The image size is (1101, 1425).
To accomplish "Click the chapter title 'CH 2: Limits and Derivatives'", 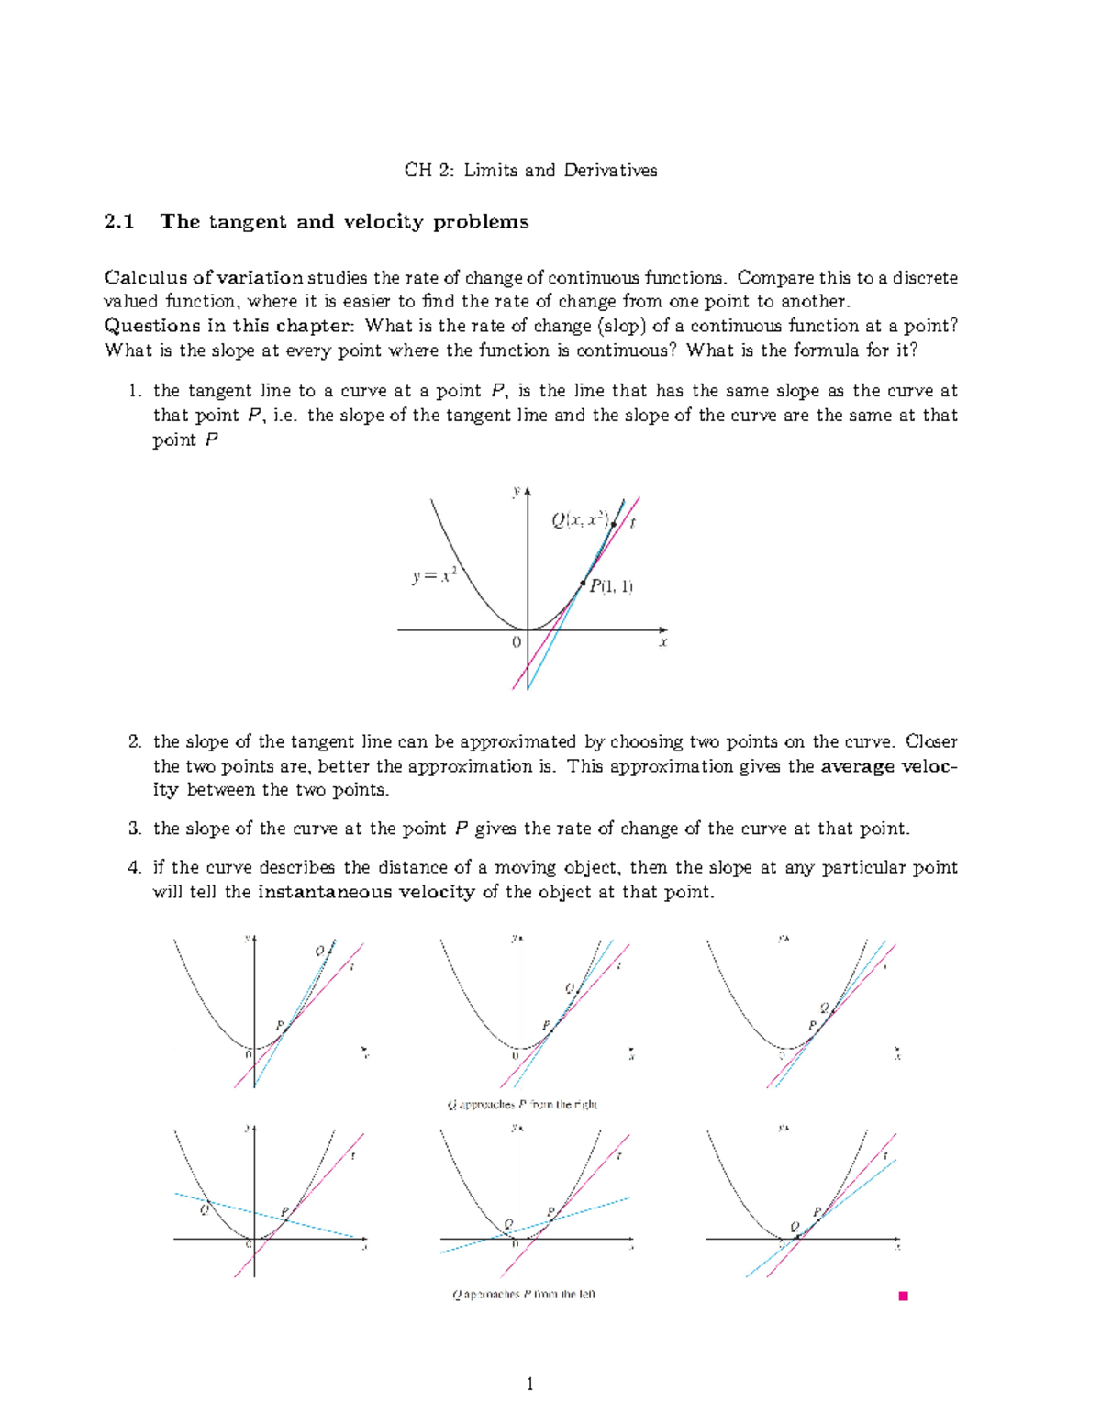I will point(530,170).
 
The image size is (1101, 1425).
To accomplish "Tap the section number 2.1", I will point(119,222).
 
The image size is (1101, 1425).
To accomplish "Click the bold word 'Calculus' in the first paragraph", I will point(141,277).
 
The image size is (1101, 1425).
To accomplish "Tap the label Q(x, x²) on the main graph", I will point(581,520).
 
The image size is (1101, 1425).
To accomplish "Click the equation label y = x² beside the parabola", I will point(434,576).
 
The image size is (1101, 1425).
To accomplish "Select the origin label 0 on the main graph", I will point(517,642).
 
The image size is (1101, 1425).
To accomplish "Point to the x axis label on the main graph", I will point(662,642).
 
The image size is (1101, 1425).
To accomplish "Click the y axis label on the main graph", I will point(516,493).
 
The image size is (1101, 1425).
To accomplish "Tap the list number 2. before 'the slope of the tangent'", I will point(135,741).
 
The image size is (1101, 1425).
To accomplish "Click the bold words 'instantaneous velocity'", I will point(366,892).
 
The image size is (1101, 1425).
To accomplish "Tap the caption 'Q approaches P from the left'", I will point(523,1295).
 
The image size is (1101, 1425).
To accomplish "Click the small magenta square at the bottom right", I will point(903,1296).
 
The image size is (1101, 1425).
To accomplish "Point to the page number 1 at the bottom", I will point(530,1385).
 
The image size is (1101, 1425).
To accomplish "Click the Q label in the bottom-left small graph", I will point(204,1209).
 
